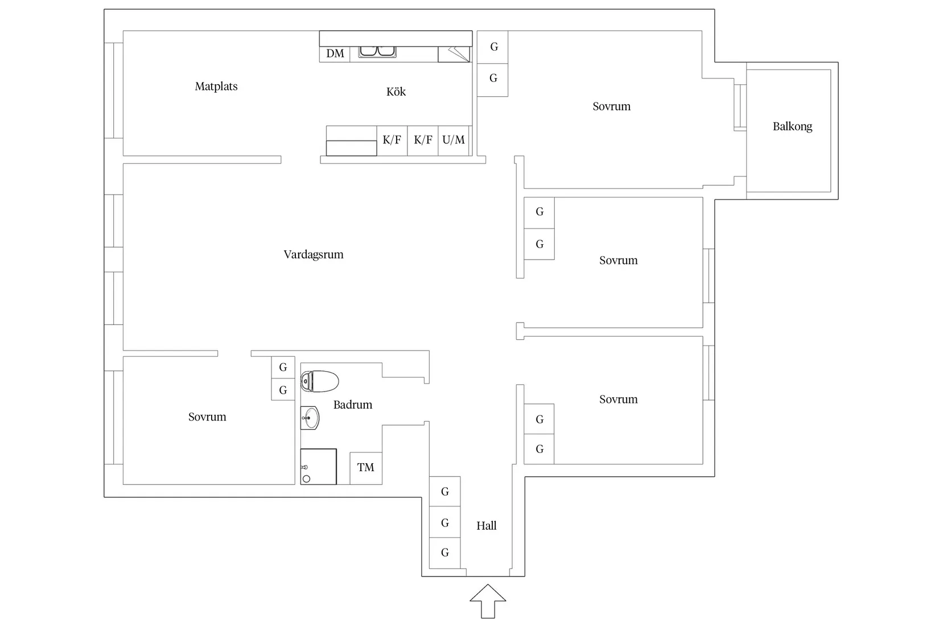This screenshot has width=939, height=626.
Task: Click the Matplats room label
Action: (216, 87)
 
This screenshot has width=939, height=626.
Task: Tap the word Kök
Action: (396, 92)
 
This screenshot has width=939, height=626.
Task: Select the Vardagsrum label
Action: (314, 254)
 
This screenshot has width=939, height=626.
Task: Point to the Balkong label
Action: (792, 126)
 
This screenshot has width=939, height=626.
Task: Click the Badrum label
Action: (352, 405)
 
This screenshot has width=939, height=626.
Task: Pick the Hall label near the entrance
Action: (486, 526)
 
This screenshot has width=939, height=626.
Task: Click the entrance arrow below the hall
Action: (488, 602)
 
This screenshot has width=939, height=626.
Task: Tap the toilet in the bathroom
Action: (319, 381)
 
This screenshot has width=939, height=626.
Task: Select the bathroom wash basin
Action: (310, 418)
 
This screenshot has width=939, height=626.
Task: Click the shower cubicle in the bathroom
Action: (319, 467)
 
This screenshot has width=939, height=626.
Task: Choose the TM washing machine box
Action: (366, 468)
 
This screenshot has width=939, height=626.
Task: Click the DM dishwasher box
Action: (335, 54)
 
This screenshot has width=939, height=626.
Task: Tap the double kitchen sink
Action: (377, 52)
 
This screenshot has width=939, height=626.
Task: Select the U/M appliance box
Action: (454, 141)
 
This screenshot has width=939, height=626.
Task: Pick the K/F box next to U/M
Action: (423, 141)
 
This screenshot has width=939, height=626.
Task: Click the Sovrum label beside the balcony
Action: (611, 106)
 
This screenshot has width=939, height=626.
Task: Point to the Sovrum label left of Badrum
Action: (207, 417)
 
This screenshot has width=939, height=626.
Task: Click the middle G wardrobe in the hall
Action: (445, 522)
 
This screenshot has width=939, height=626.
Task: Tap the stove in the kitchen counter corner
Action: (454, 54)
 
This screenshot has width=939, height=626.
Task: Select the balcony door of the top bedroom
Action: (740, 108)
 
